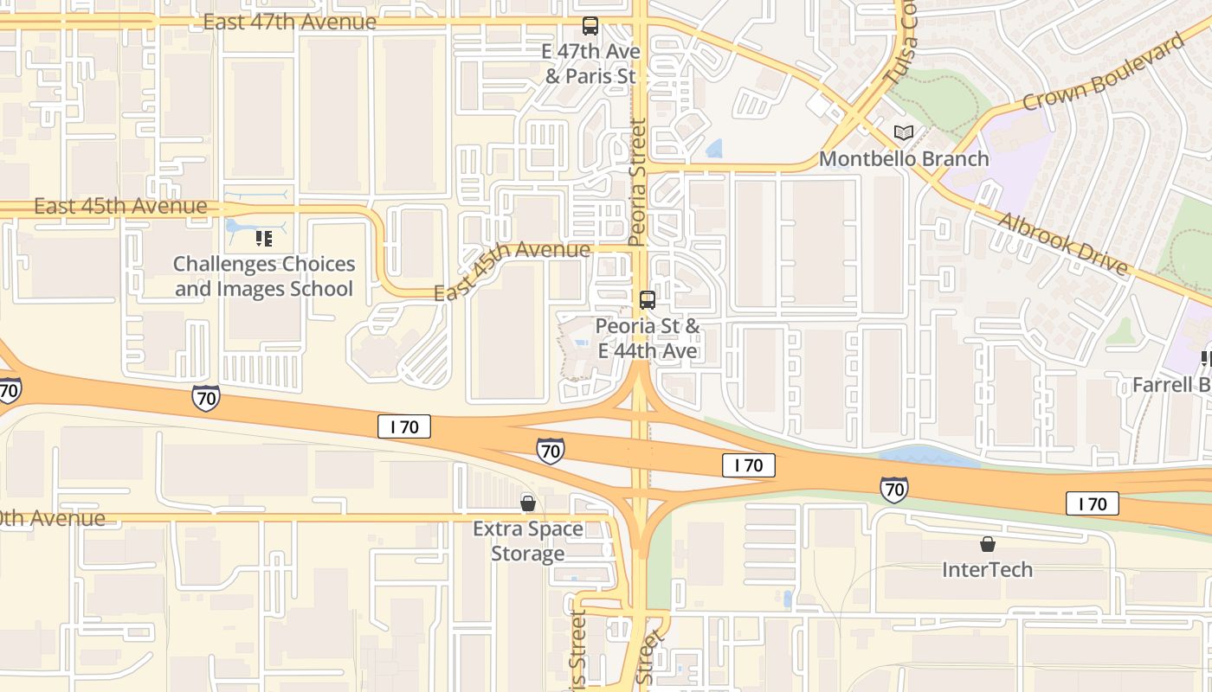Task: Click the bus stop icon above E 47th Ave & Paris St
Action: [x=590, y=26]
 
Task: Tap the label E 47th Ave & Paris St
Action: [x=590, y=64]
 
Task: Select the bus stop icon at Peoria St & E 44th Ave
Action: [x=647, y=300]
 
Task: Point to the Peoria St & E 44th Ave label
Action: [x=648, y=338]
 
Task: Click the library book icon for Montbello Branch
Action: [x=904, y=133]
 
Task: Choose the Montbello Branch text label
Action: [x=904, y=159]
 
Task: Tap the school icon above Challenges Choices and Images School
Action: [x=264, y=238]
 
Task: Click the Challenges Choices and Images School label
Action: [x=264, y=276]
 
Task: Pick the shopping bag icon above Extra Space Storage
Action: [x=528, y=503]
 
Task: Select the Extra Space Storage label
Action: [x=528, y=541]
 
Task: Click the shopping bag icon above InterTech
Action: [x=987, y=544]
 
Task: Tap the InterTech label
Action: [x=987, y=569]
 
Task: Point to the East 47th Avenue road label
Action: [x=290, y=22]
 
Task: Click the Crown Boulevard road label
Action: [x=1102, y=74]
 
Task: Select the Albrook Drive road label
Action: [x=1063, y=243]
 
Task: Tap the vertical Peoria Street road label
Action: [x=639, y=183]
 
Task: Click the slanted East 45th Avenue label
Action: [x=512, y=269]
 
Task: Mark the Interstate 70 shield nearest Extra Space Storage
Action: [x=550, y=450]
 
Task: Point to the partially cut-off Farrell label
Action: [x=1171, y=384]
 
